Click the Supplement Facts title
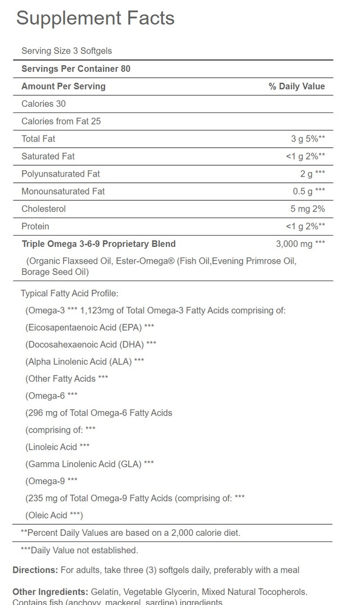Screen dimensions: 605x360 95,18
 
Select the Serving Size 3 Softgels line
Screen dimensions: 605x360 66,51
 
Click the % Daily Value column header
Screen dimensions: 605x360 296,87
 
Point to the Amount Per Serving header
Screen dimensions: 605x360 63,87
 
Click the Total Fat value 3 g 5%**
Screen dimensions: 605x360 308,139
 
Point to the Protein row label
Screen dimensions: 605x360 35,226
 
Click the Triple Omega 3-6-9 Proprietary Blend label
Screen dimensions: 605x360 98,244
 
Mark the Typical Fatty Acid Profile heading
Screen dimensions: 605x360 69,293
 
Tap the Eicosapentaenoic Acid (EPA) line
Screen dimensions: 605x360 90,327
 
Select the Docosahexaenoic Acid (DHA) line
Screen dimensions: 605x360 91,344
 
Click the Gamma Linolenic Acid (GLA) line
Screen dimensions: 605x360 89,463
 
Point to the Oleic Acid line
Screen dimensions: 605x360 54,515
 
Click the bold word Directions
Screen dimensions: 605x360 35,570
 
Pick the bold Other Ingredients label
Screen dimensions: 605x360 49,592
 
